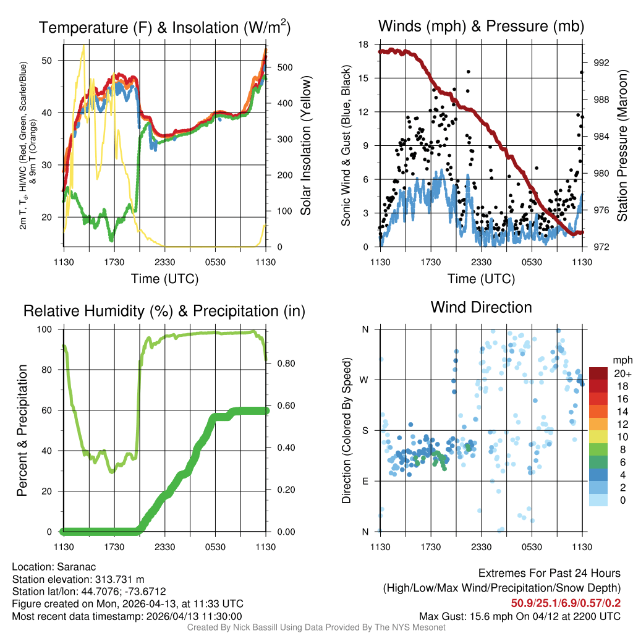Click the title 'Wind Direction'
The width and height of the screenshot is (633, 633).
(481, 307)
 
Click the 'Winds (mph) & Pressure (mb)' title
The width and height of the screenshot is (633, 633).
(481, 27)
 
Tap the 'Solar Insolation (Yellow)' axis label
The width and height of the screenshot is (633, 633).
(305, 145)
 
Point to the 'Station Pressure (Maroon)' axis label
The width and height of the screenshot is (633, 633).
(622, 145)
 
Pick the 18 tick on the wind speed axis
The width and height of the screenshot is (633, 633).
(364, 45)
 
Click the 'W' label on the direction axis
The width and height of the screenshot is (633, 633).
(365, 380)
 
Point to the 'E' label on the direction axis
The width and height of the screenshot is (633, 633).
(365, 481)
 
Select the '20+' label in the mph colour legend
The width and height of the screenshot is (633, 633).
(621, 373)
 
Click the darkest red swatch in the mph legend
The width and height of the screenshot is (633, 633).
(598, 373)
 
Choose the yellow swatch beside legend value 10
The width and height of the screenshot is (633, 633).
(598, 436)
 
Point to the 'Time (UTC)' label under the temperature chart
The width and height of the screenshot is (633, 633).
(164, 279)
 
